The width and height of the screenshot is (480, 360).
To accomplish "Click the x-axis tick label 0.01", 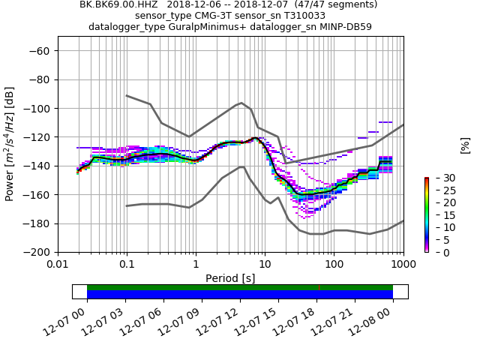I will [58, 265].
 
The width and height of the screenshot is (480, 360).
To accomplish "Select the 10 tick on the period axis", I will [265, 265].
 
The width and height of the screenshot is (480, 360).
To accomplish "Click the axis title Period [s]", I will [230, 278].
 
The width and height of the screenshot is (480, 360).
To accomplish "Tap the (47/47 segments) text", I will [309, 4].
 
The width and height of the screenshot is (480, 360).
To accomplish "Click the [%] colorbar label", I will [465, 145].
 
